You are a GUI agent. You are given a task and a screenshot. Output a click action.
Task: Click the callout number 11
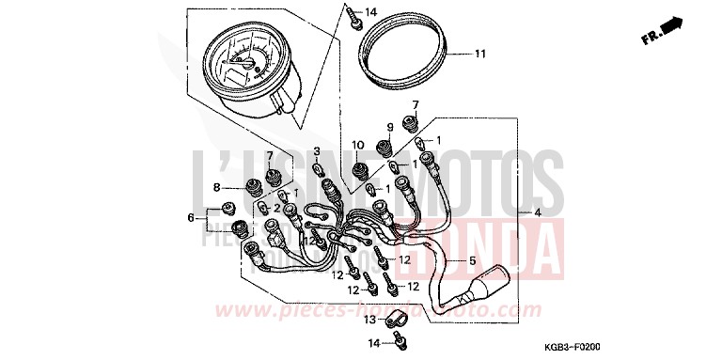coord(479,54)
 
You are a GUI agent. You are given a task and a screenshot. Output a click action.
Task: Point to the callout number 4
coord(538,213)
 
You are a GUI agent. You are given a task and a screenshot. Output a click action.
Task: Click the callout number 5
coord(474,260)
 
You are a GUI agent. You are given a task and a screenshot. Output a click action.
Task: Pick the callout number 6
coord(191,218)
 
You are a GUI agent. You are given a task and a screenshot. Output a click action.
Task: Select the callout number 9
coord(386,127)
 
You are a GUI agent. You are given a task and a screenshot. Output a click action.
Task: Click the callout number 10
coord(357,144)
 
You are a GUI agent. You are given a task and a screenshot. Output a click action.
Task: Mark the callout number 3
coord(317,151)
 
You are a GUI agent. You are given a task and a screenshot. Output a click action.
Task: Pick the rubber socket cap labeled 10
coord(359,171)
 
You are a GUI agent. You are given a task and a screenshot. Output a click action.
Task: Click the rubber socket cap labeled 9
coord(385,148)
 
